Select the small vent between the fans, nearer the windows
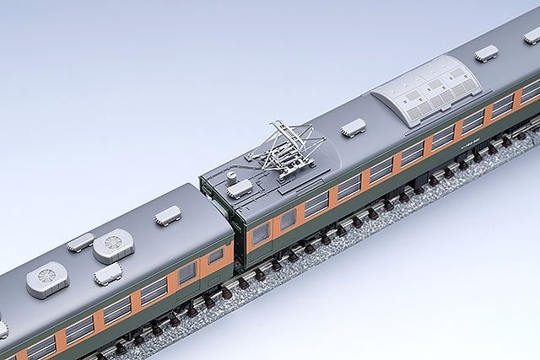point(109,273)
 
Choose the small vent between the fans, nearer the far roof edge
point(80,242)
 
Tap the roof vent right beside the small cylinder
point(242,187)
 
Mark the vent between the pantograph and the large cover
point(352,127)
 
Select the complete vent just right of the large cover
point(485,53)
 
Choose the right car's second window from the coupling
point(288,218)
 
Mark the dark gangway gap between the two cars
point(238,244)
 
